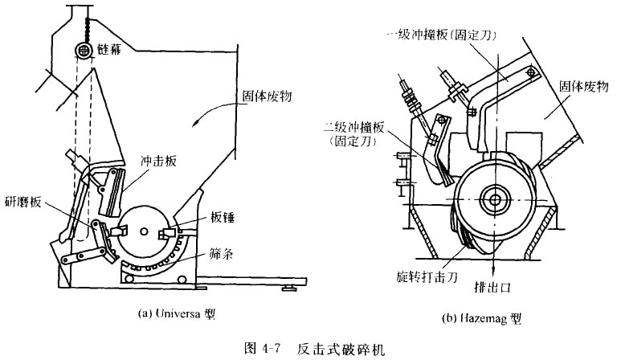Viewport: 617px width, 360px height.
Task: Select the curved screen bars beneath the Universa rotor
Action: (x=165, y=262)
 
